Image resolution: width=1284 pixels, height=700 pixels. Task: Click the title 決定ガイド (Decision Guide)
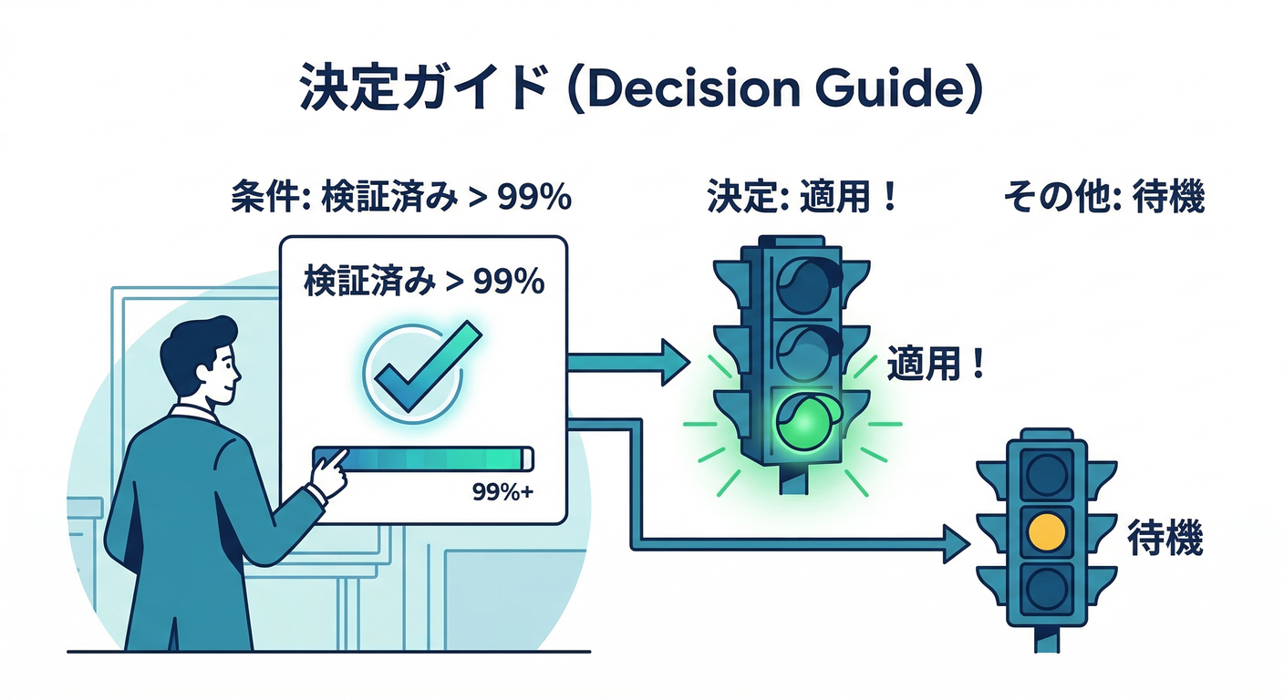click(641, 88)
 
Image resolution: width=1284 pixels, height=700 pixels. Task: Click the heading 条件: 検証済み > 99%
click(401, 198)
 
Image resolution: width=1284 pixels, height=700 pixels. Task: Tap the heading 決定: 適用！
click(802, 198)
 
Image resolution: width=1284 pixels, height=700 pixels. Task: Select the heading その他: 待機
click(1103, 198)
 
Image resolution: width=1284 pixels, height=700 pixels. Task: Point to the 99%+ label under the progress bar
click(502, 493)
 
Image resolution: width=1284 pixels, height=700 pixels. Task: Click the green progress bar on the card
click(422, 457)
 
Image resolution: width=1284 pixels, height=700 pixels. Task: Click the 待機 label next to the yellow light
click(1165, 538)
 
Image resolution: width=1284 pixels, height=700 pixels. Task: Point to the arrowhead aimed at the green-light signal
click(674, 362)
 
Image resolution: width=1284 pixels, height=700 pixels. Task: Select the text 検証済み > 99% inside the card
click(423, 283)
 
